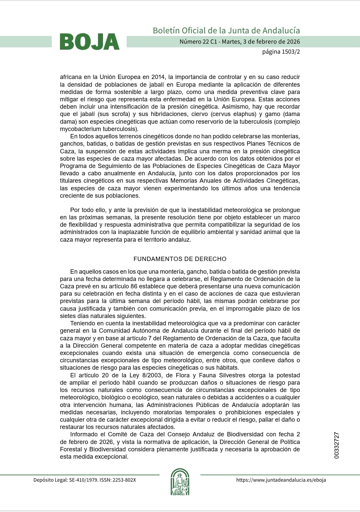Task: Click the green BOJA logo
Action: click(90, 42)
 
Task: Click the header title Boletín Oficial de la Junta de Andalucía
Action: click(226, 30)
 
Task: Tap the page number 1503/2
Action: click(291, 52)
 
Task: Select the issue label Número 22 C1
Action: click(198, 42)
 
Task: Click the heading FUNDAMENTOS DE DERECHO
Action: click(180, 259)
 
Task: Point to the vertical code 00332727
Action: click(336, 445)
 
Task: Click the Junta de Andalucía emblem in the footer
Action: click(180, 482)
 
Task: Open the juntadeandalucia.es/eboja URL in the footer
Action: click(281, 480)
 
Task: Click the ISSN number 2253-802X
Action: click(124, 480)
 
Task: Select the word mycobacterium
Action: click(80, 129)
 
